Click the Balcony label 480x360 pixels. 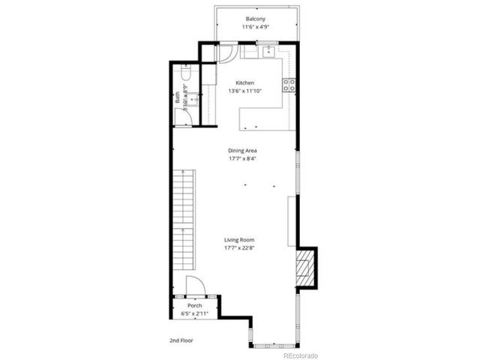256,18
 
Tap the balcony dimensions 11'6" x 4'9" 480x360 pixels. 256,27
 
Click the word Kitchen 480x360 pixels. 245,82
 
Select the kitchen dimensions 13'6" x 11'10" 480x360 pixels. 245,91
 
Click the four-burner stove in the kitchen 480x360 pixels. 289,85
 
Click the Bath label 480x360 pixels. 178,96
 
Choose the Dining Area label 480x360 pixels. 243,151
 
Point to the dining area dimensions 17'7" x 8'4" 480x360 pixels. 243,159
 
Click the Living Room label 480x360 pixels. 240,240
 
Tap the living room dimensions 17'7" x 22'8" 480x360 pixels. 240,249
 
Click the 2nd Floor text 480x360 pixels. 182,340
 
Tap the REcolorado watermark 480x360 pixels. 300,355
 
